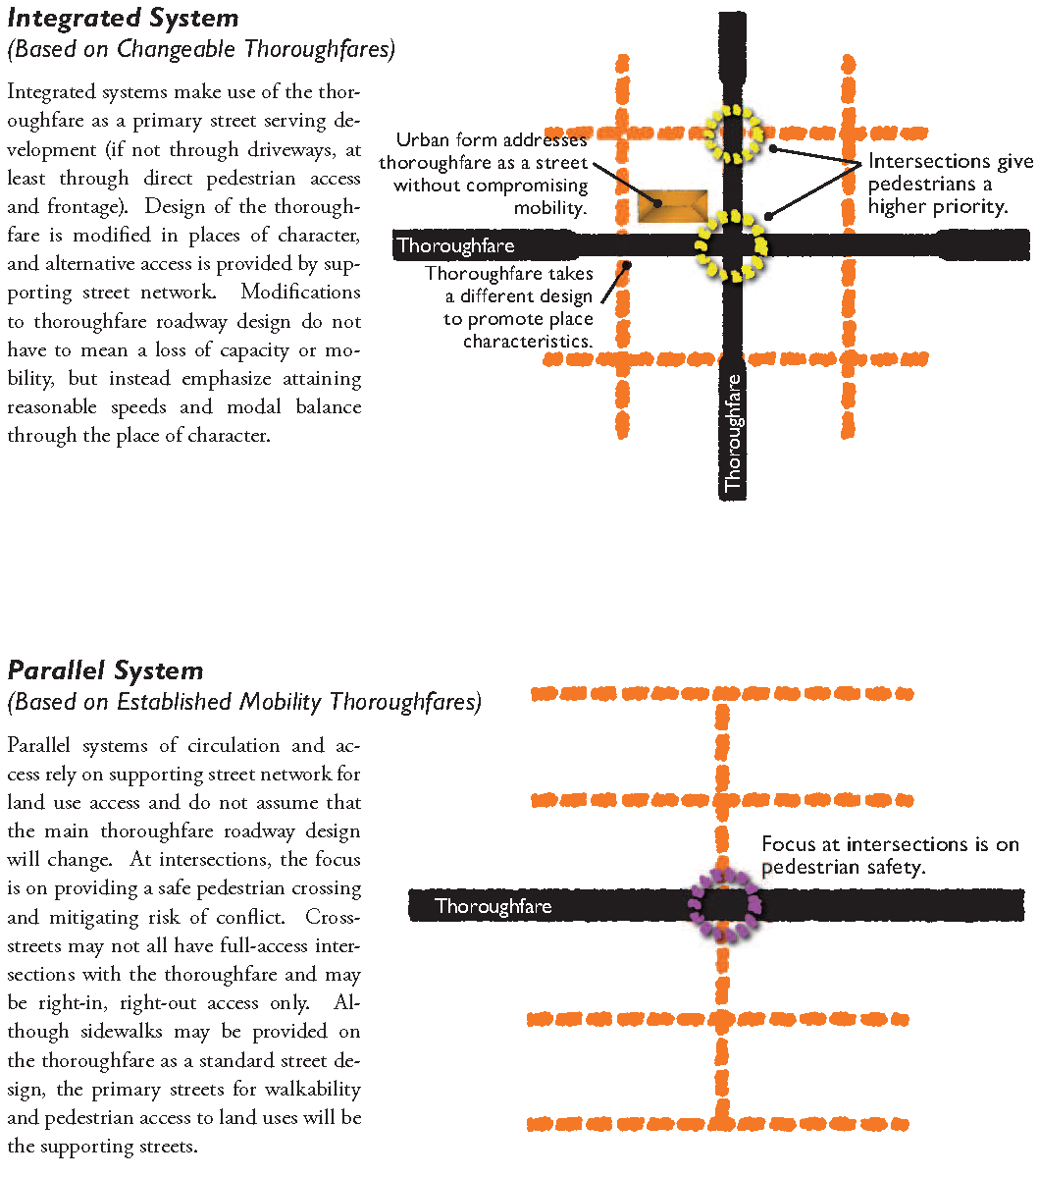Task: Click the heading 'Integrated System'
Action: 123,18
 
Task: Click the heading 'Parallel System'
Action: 105,671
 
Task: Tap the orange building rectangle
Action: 672,206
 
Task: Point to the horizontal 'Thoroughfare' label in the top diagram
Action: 455,245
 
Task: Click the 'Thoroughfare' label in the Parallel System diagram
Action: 493,906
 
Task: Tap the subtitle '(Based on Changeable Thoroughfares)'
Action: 200,49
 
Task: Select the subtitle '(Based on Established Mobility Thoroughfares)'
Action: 244,702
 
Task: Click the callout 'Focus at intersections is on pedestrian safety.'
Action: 890,856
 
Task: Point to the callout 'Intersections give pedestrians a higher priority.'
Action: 950,184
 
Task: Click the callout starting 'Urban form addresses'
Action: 485,174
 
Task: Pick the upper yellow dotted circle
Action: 733,134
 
